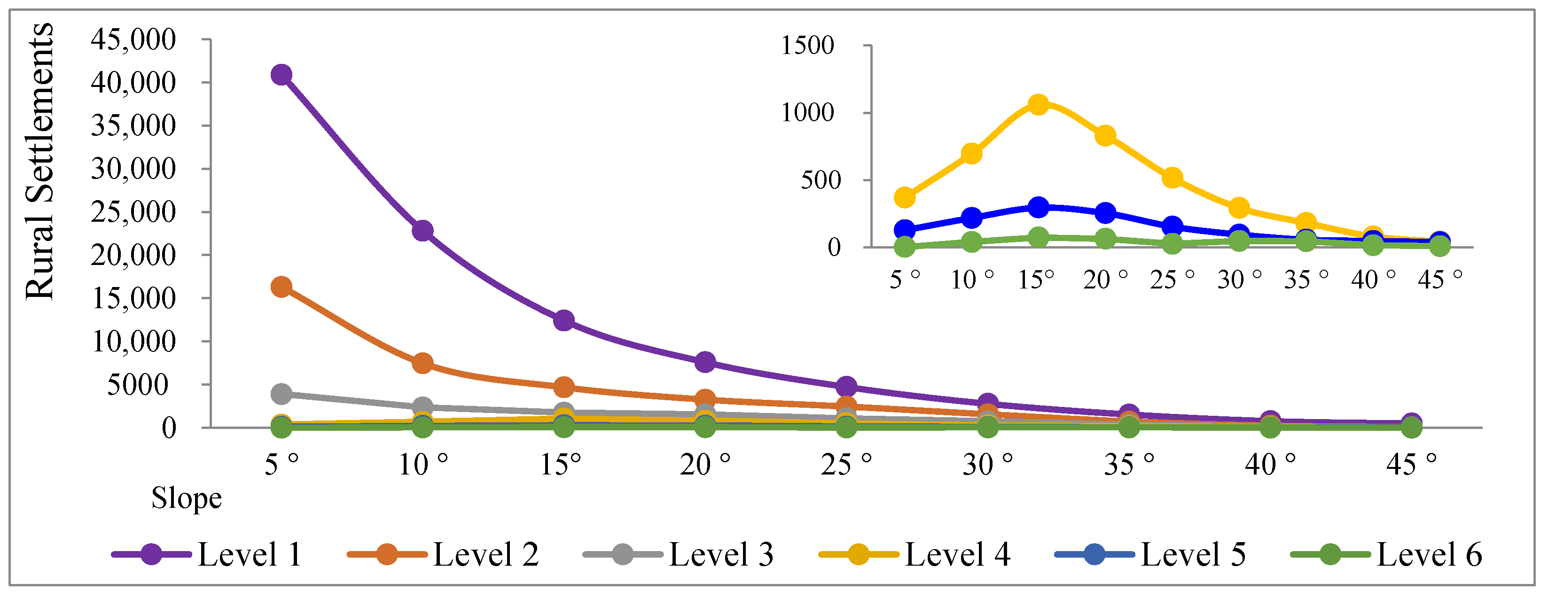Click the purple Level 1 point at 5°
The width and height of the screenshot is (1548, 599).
click(x=281, y=75)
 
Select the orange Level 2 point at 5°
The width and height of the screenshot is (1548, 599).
click(x=281, y=287)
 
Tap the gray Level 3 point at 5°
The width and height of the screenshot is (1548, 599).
click(x=281, y=394)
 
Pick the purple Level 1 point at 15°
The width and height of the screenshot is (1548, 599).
click(x=563, y=320)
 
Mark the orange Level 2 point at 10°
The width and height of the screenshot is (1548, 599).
click(x=422, y=363)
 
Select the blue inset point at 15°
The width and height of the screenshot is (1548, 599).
click(x=1039, y=207)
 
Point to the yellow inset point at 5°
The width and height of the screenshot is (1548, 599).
click(x=904, y=197)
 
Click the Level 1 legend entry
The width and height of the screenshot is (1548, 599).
click(x=207, y=553)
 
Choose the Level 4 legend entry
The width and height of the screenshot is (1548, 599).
click(x=915, y=553)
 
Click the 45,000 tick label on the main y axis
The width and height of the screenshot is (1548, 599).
click(x=133, y=39)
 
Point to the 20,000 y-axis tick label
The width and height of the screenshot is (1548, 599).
click(x=133, y=256)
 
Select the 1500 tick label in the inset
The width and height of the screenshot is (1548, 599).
click(x=807, y=46)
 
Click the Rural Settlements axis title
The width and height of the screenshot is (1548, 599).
click(x=39, y=161)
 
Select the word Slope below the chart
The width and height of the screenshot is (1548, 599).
click(x=186, y=498)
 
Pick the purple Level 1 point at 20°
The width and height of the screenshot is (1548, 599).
click(x=705, y=362)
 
